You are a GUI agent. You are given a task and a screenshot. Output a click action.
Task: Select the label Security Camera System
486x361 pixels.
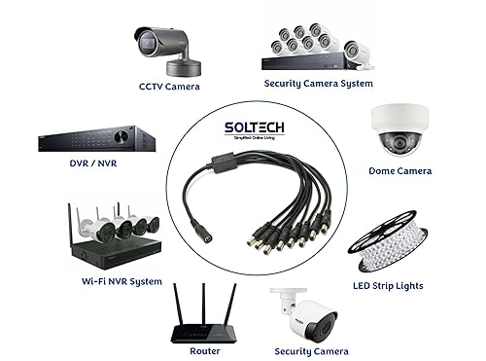click(318, 84)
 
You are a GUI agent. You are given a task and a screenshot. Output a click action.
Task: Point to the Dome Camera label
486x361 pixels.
click(399, 171)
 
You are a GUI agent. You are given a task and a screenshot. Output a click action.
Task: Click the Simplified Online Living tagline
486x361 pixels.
click(243, 140)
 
